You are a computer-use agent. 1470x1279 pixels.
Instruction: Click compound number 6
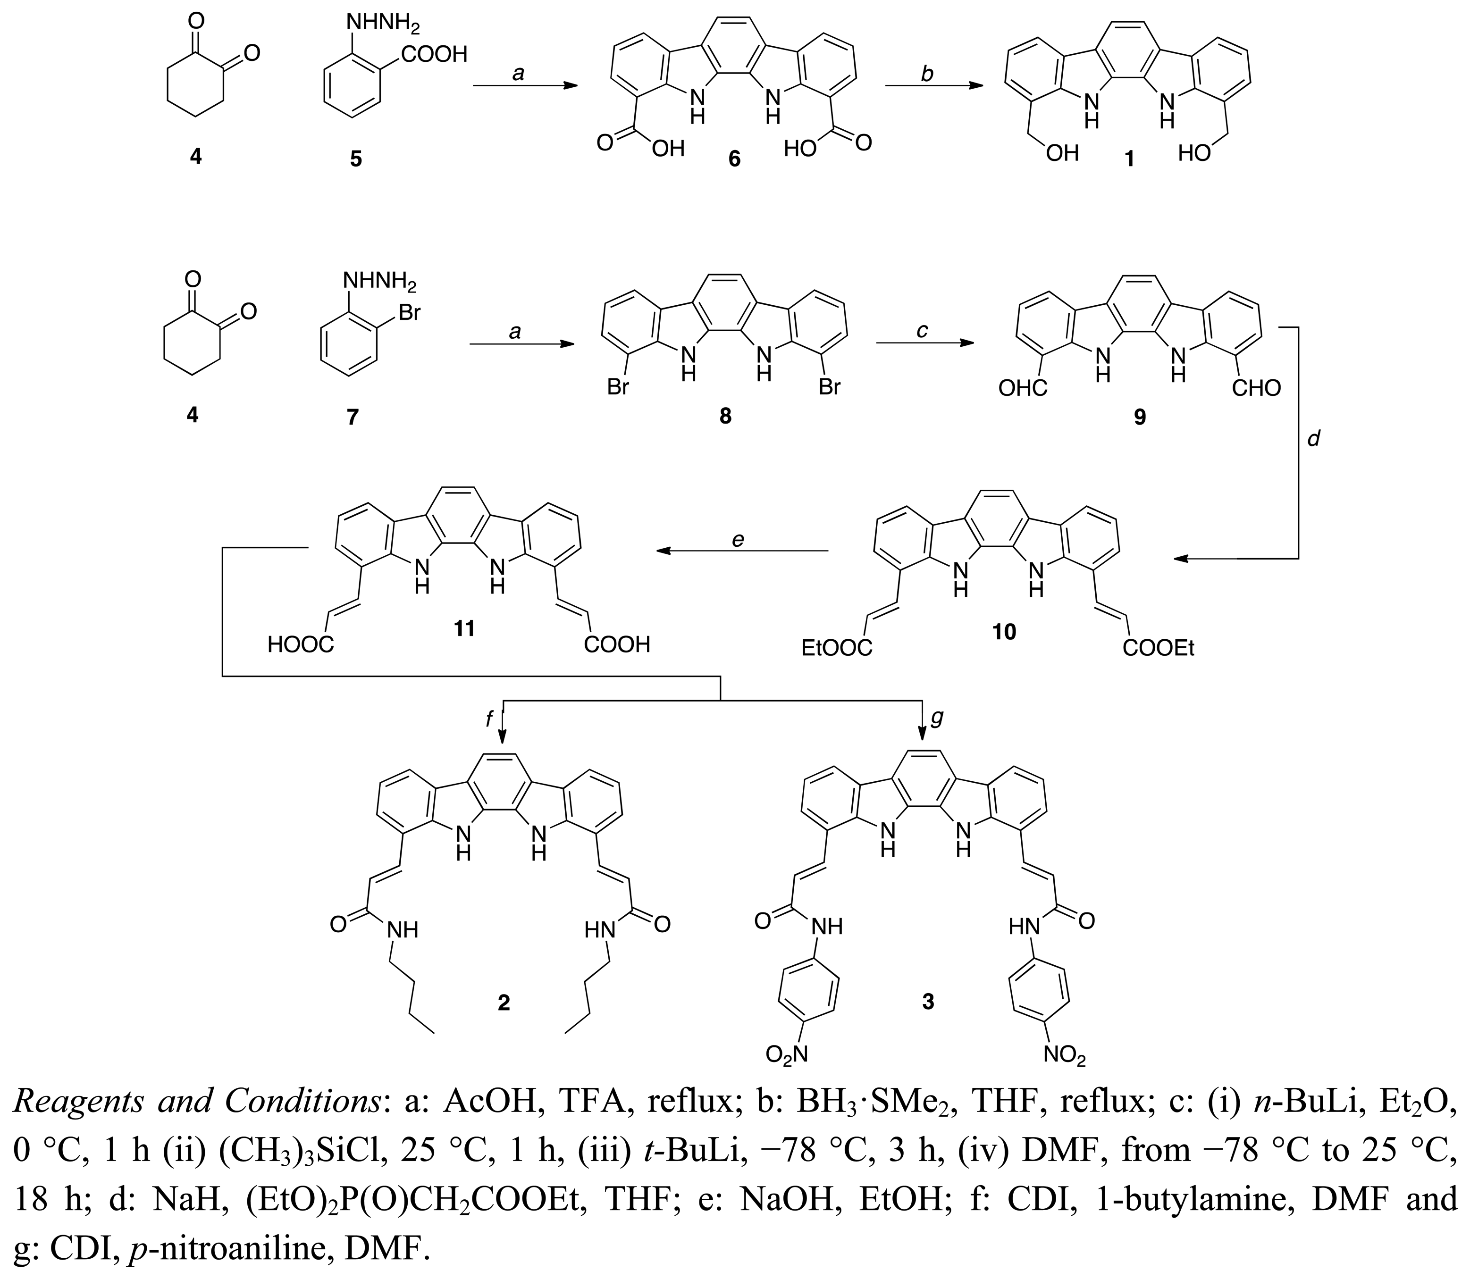(x=733, y=159)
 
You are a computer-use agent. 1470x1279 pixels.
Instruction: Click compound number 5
(x=355, y=159)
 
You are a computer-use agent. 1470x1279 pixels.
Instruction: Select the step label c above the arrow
(x=922, y=330)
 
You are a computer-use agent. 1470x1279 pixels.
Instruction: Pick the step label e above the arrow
(x=738, y=540)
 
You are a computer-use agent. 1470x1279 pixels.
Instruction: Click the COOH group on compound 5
(x=433, y=54)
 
